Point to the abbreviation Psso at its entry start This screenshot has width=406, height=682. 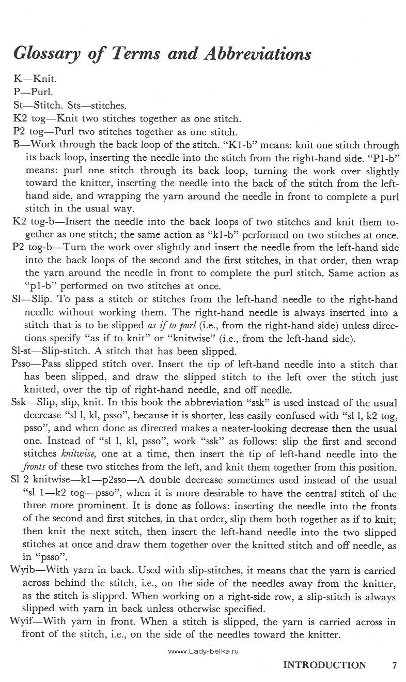click(x=21, y=365)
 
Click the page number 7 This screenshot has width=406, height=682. click(x=394, y=665)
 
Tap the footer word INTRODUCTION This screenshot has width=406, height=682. click(x=324, y=665)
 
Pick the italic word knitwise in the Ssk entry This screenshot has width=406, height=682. click(x=77, y=454)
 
